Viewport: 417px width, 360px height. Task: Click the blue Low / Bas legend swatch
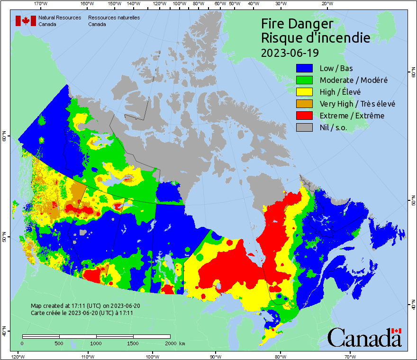point(304,69)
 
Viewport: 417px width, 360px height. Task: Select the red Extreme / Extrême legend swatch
point(304,116)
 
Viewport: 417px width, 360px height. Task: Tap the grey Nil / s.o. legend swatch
point(304,127)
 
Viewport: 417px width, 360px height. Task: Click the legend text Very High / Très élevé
point(357,104)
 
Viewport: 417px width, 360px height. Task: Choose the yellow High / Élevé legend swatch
point(304,92)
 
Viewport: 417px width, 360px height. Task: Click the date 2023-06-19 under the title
point(290,52)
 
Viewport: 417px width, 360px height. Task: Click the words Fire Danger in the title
point(297,24)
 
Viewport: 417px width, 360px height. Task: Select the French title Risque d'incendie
point(316,37)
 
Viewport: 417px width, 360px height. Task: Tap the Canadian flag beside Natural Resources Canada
point(26,21)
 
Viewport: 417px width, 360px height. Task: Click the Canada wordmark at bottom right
point(364,338)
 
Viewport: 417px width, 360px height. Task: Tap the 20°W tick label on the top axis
point(326,4)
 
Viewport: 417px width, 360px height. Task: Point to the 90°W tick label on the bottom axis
point(215,356)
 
